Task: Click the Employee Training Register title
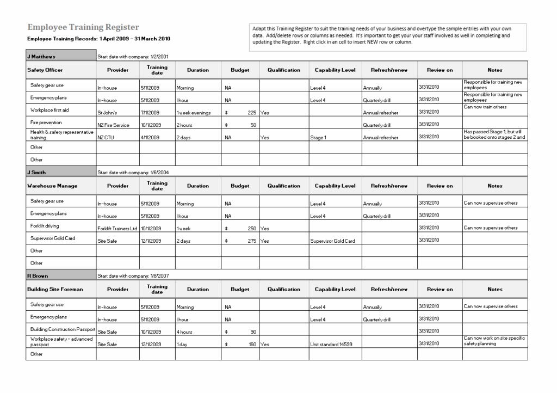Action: pos(83,27)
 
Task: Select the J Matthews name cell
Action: pos(41,56)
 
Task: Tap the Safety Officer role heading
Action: pos(45,70)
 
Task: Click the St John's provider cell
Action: pos(106,113)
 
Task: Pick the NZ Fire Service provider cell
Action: pos(113,125)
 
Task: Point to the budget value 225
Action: pos(251,113)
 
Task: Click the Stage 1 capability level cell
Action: pos(318,138)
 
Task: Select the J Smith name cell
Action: pos(37,172)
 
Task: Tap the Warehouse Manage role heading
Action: pos(52,186)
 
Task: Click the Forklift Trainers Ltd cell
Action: pos(117,229)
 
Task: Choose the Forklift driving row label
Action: pos(45,226)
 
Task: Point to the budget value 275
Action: pos(251,241)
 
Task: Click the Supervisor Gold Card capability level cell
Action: pos(332,241)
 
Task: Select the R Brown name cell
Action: pos(38,276)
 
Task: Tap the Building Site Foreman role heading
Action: pos(55,289)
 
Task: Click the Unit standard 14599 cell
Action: pos(331,345)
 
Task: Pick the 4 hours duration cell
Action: pos(184,332)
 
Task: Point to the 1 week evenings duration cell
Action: pos(193,113)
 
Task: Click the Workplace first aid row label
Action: pos(49,110)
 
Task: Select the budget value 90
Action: pos(253,332)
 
